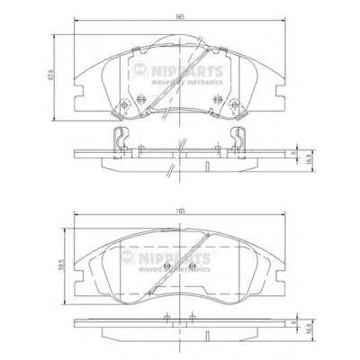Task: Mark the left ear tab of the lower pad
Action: coord(79,270)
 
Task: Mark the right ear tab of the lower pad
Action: coord(281,270)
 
